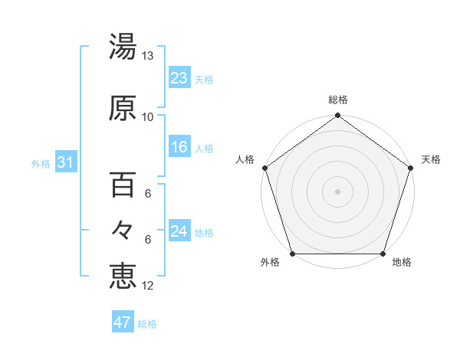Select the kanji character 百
123,185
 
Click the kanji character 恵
123,276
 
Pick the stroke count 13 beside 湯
147,56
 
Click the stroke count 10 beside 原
147,117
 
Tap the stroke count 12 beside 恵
147,286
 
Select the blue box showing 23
179,77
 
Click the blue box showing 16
179,147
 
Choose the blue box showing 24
179,231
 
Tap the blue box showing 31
65,162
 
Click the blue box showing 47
123,322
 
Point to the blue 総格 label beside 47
147,324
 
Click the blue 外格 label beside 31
41,163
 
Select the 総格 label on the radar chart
338,100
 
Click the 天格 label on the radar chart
431,159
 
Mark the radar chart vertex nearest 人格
265,168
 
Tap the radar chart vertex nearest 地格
383,254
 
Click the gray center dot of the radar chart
338,191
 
